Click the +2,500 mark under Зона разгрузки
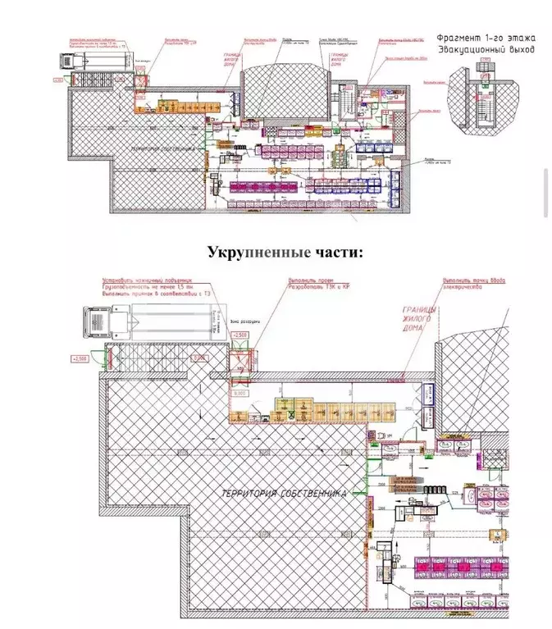pos(240,336)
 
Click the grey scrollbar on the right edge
pos(546,193)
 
